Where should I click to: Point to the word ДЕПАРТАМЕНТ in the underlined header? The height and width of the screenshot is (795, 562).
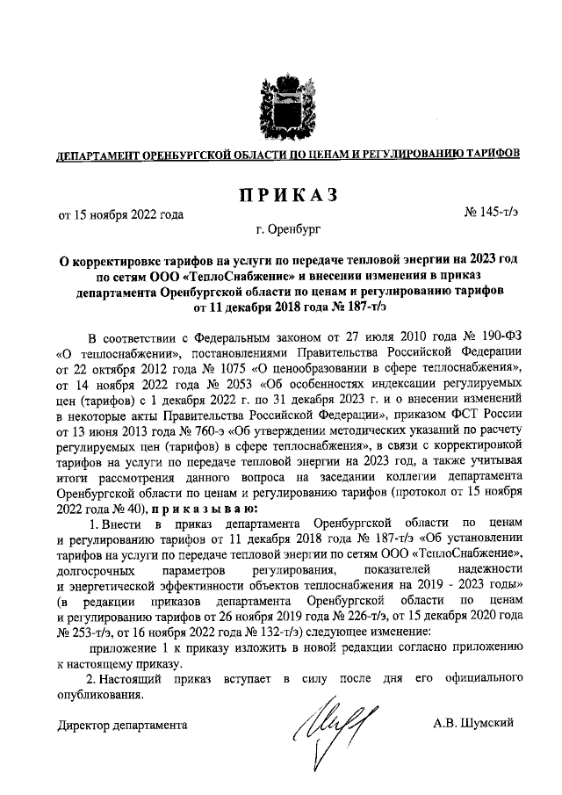(x=97, y=154)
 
